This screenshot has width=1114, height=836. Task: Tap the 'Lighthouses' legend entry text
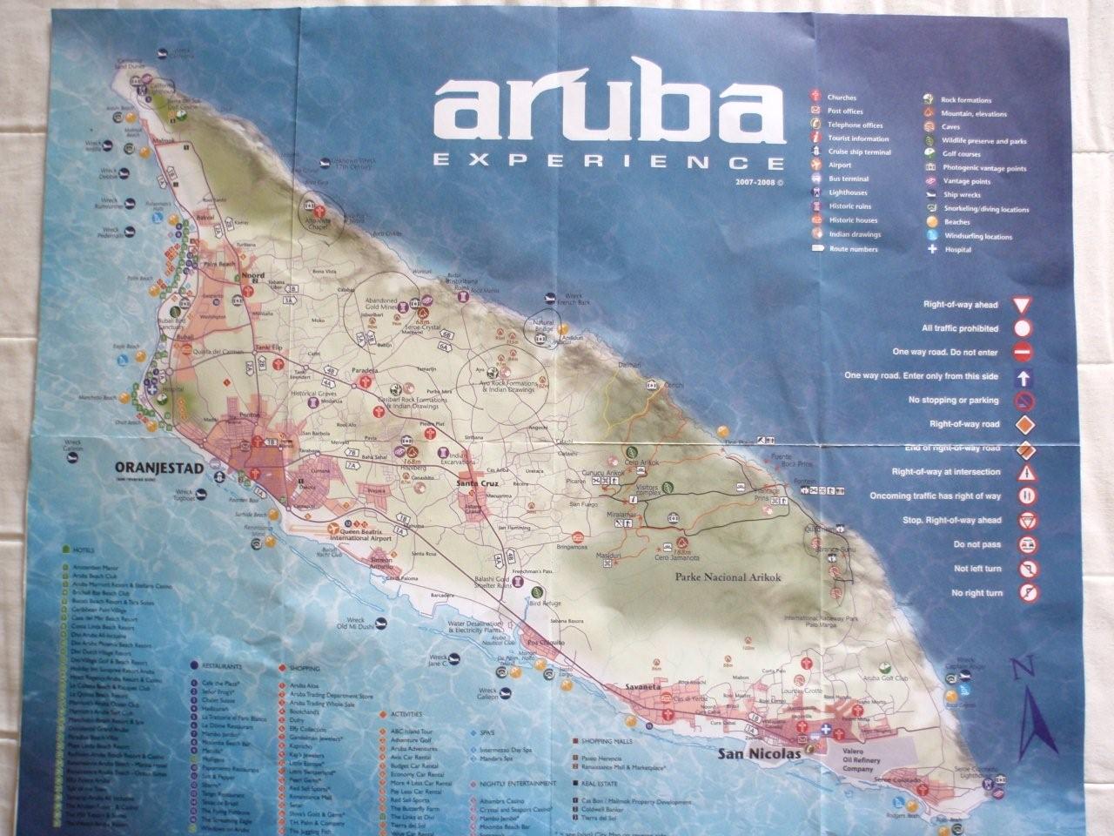(x=847, y=192)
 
